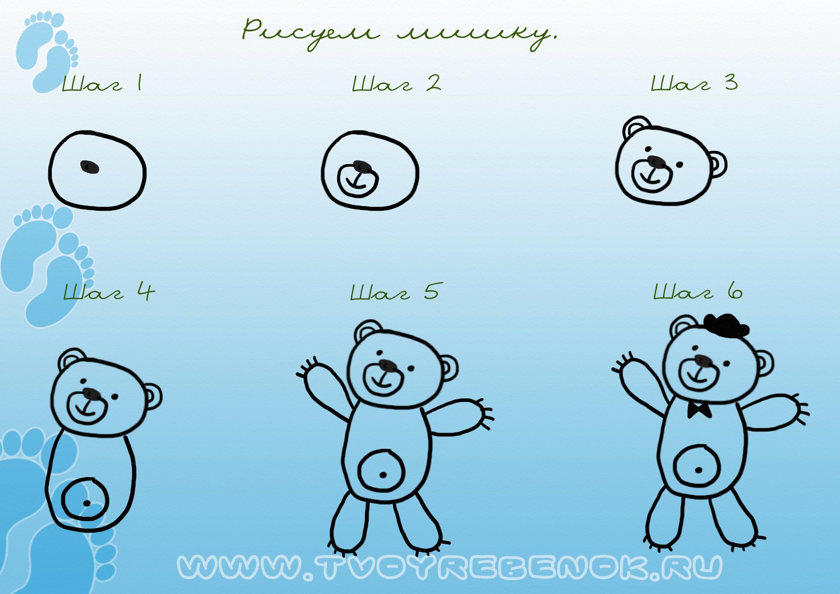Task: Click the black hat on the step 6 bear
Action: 726,326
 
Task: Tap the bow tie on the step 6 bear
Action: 699,410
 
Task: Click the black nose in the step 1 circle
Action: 90,167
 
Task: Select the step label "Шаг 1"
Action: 102,83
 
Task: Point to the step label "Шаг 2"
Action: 397,83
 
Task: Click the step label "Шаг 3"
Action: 694,83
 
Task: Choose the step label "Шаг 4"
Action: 109,292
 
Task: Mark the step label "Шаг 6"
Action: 698,291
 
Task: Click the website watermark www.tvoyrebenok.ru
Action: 449,568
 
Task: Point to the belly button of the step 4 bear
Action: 87,503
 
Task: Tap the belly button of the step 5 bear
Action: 383,475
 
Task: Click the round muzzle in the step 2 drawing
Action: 358,180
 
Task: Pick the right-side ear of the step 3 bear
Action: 717,164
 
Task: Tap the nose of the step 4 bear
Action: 92,394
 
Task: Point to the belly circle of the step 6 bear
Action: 697,466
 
